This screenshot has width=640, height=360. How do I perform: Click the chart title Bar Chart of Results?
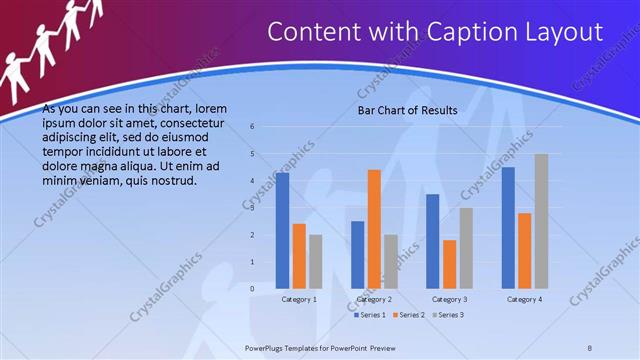coord(407,110)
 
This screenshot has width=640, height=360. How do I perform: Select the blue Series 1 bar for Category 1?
coord(283,230)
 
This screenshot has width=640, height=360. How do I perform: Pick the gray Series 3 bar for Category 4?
coord(541,221)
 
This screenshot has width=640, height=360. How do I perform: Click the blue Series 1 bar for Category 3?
coord(433,241)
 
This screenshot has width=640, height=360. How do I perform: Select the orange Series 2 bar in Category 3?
coord(449,264)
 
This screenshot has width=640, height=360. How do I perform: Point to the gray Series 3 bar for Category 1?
coord(315,261)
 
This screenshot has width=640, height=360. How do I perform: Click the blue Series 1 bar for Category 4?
coord(508,227)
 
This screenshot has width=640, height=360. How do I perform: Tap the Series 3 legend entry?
coord(448,315)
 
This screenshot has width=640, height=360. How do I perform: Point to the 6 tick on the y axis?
coord(252,127)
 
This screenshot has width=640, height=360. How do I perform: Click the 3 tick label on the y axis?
coord(252,208)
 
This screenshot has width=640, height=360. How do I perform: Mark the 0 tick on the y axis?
coord(252,289)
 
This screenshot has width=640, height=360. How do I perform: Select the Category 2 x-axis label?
coord(374,299)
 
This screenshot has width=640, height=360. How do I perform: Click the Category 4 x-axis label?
coord(524,299)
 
